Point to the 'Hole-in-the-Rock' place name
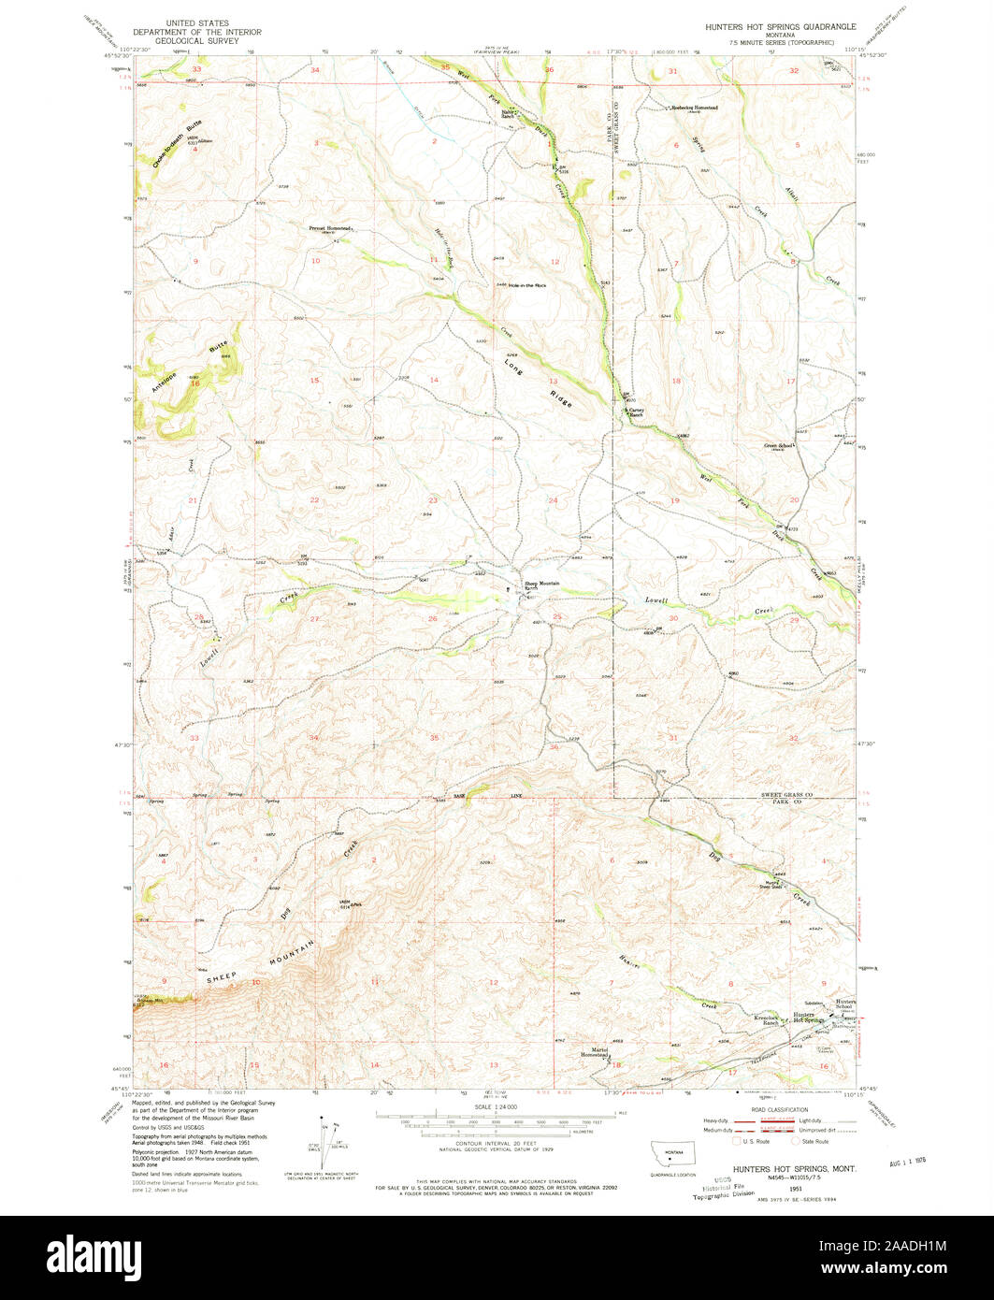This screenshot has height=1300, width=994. point(526,285)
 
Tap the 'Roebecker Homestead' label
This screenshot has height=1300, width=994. point(695,108)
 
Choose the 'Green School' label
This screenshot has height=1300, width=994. point(779,446)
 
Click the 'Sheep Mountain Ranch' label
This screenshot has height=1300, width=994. point(541,585)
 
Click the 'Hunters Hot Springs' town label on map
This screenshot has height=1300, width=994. point(805,1018)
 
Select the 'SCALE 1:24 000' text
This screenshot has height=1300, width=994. point(496,1107)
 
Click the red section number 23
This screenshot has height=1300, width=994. point(433,500)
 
